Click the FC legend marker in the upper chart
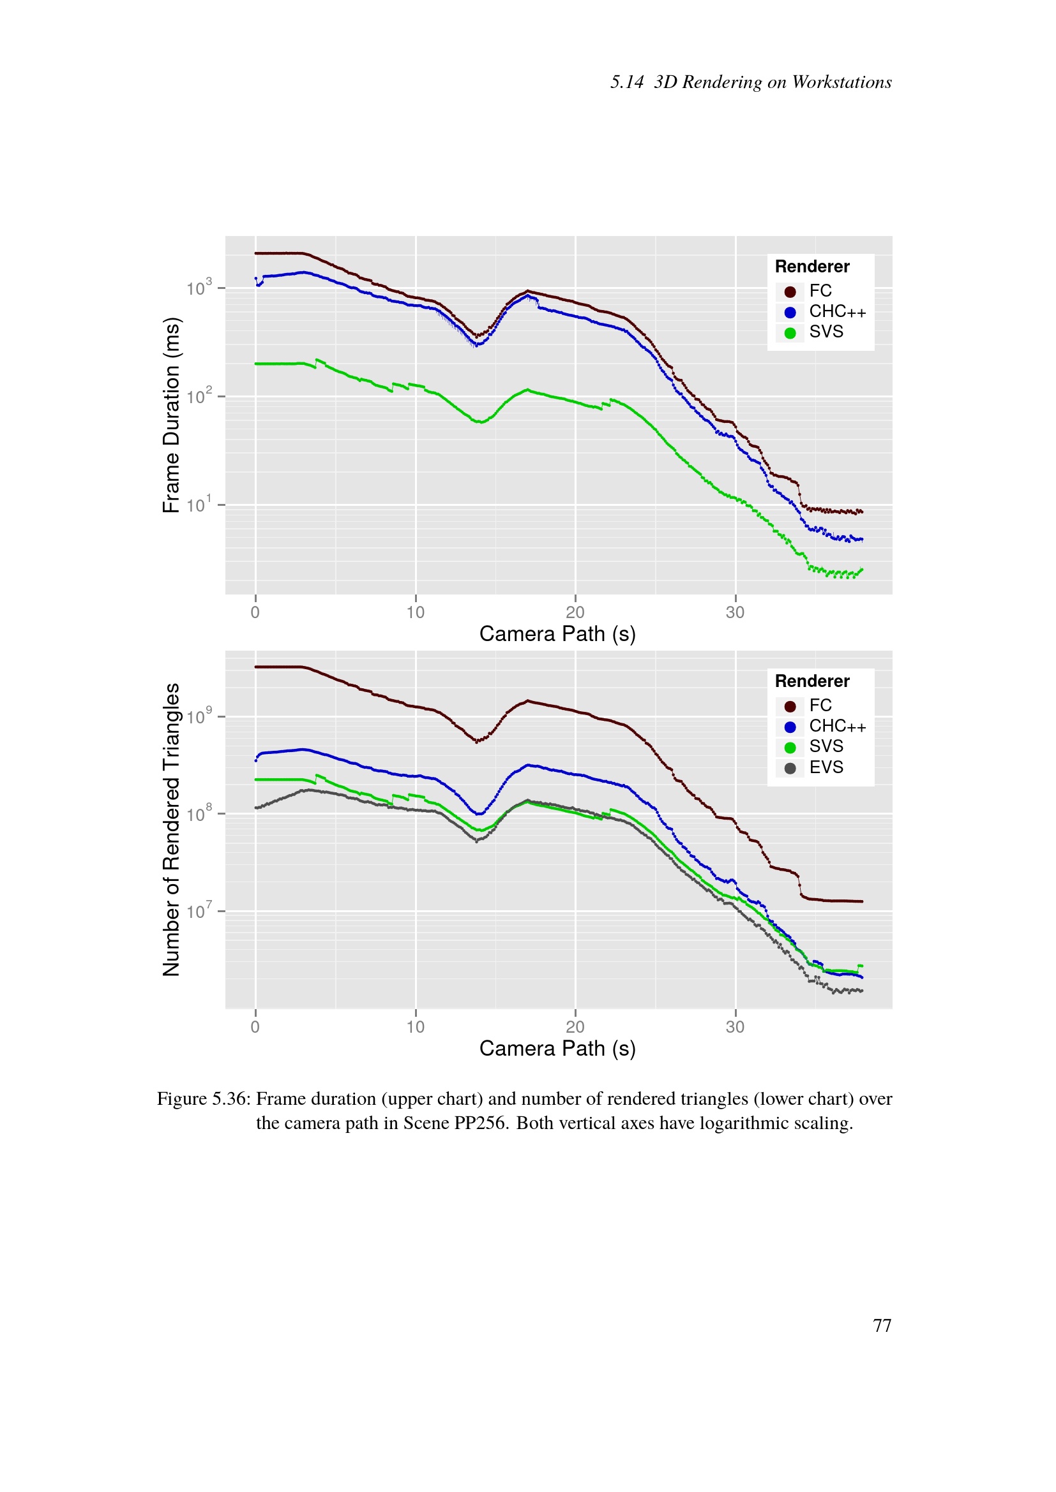(790, 292)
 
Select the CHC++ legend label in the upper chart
(837, 312)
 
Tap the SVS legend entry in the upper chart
(826, 332)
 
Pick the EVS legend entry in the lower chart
(826, 767)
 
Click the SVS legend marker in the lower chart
(790, 748)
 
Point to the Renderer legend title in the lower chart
(812, 681)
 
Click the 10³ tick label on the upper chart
(199, 288)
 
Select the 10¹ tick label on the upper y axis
(199, 505)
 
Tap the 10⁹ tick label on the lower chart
(199, 717)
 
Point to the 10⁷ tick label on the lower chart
(199, 911)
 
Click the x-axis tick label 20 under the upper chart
(575, 612)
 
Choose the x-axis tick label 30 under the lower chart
(735, 1027)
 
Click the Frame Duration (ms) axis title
(171, 415)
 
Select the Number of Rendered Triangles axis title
(171, 829)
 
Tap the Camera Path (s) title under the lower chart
(557, 1048)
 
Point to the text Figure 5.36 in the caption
(204, 1099)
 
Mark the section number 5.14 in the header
(627, 82)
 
